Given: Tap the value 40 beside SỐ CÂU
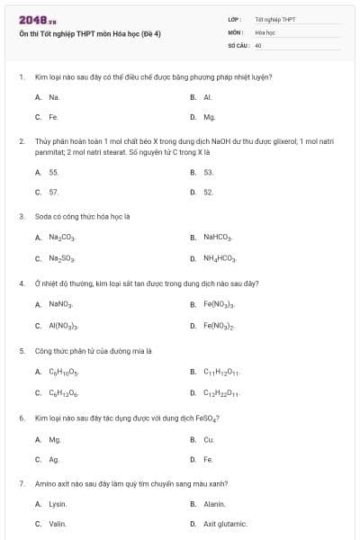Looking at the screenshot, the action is click(x=258, y=44).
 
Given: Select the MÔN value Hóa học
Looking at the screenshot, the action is click(x=265, y=31).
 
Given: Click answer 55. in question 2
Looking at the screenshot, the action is click(x=54, y=171).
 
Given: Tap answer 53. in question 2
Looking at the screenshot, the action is click(x=209, y=171).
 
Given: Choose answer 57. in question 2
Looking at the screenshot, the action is click(x=54, y=192).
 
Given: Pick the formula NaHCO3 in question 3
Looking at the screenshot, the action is click(x=218, y=238).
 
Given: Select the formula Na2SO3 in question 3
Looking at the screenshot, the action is click(x=62, y=258).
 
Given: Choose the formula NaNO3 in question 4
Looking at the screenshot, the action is click(x=60, y=304).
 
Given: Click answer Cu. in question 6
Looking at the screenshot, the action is click(x=209, y=439).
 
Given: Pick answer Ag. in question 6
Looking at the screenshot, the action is click(x=54, y=460).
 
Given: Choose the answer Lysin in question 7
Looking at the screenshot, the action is click(x=58, y=504).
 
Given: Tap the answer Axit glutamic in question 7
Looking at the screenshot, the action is click(x=225, y=524).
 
